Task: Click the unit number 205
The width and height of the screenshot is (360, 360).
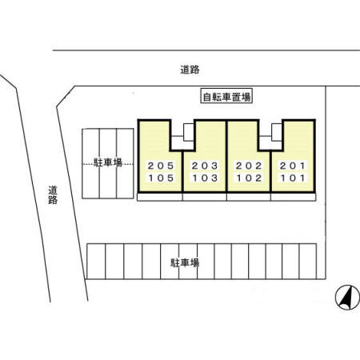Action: (x=161, y=166)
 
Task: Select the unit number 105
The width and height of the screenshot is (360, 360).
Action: (x=161, y=178)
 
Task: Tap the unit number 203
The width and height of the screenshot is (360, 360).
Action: (x=205, y=166)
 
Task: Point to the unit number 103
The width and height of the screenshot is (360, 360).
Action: (x=205, y=178)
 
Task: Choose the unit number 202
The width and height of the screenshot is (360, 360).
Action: (x=249, y=166)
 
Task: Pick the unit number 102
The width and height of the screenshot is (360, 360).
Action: (x=249, y=178)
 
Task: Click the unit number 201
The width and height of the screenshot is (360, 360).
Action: (x=292, y=166)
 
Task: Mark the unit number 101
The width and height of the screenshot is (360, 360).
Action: (x=292, y=178)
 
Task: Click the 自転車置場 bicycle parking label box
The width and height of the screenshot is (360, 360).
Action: (x=226, y=96)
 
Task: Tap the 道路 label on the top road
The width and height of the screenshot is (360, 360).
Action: (x=190, y=70)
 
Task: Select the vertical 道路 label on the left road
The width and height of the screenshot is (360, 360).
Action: (x=53, y=195)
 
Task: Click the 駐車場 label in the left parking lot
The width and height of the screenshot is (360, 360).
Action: (x=108, y=162)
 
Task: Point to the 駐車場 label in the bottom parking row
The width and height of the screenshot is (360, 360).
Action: (x=185, y=263)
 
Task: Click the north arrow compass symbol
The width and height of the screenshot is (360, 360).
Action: (x=347, y=297)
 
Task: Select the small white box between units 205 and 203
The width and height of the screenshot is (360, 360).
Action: (x=189, y=132)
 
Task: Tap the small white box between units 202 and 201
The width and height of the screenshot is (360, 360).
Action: (x=277, y=132)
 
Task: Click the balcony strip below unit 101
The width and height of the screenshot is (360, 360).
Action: (x=293, y=197)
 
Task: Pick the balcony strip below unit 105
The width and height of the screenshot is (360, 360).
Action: (x=160, y=197)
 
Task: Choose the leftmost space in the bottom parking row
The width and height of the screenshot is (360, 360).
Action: (x=96, y=262)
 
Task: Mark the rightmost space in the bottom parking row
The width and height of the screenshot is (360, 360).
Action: (x=308, y=262)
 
